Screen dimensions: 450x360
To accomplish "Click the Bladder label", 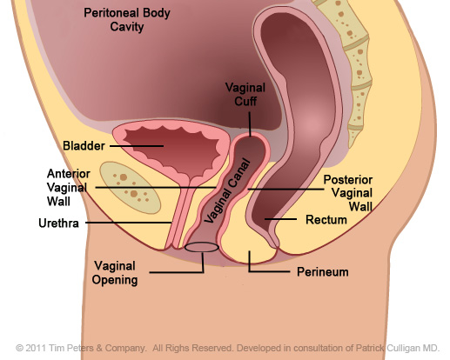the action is point(84,146).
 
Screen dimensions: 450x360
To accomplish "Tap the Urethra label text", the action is point(58,223).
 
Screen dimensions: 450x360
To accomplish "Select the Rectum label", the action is point(326,220).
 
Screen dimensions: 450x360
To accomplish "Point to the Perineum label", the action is point(323,272).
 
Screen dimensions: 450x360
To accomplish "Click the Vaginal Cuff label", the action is point(245,95).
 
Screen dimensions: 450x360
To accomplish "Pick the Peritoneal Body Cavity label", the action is point(127,20).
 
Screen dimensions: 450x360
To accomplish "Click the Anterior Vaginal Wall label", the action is point(69,188).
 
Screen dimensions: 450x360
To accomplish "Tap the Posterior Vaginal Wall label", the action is point(348,193).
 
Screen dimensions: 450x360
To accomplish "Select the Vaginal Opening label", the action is point(115,273).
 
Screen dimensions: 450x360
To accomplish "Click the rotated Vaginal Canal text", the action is point(227,191).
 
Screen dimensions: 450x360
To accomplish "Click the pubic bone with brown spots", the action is point(130,188).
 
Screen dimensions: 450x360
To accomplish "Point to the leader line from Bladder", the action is point(137,146).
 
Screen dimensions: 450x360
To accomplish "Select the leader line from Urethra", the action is point(129,223).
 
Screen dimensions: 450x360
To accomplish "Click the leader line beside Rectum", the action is point(280,219).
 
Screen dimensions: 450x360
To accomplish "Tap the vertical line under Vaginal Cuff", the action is point(250,123).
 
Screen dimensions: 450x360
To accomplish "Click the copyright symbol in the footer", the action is point(19,348).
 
